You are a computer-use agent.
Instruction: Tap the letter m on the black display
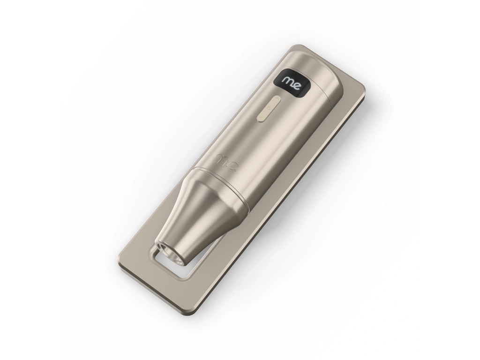pyautogui.click(x=288, y=81)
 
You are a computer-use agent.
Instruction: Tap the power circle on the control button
pyautogui.click(x=269, y=108)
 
